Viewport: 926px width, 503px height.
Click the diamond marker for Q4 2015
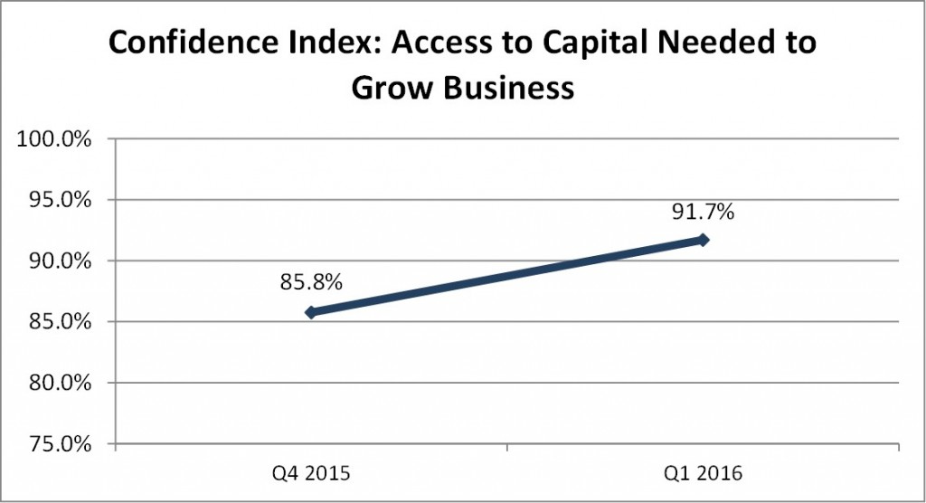[310, 312]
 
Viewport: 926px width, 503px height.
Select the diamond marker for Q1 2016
[703, 240]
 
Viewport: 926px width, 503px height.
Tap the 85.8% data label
[311, 282]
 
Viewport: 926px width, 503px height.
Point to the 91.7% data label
[703, 214]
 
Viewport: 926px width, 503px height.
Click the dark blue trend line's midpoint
[506, 276]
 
